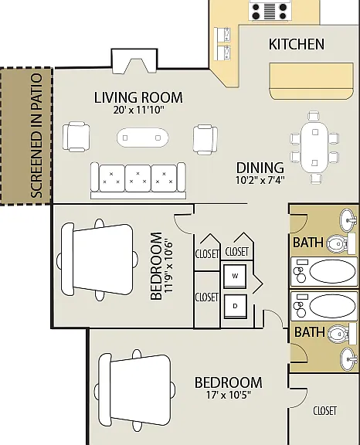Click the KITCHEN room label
point(297,44)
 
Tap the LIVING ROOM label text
point(138,97)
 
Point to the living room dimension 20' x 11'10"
point(139,110)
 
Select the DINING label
point(260,168)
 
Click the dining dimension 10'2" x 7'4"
point(260,180)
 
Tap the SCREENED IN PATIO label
point(36,136)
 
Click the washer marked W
point(235,276)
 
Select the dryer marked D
point(235,306)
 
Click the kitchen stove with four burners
point(270,10)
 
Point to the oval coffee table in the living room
point(143,138)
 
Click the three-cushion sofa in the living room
point(138,181)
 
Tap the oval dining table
point(314,148)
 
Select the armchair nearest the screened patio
point(76,137)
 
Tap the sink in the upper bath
point(348,220)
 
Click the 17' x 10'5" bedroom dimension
point(229,395)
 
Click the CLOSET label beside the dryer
point(207,297)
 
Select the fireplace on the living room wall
point(134,61)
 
